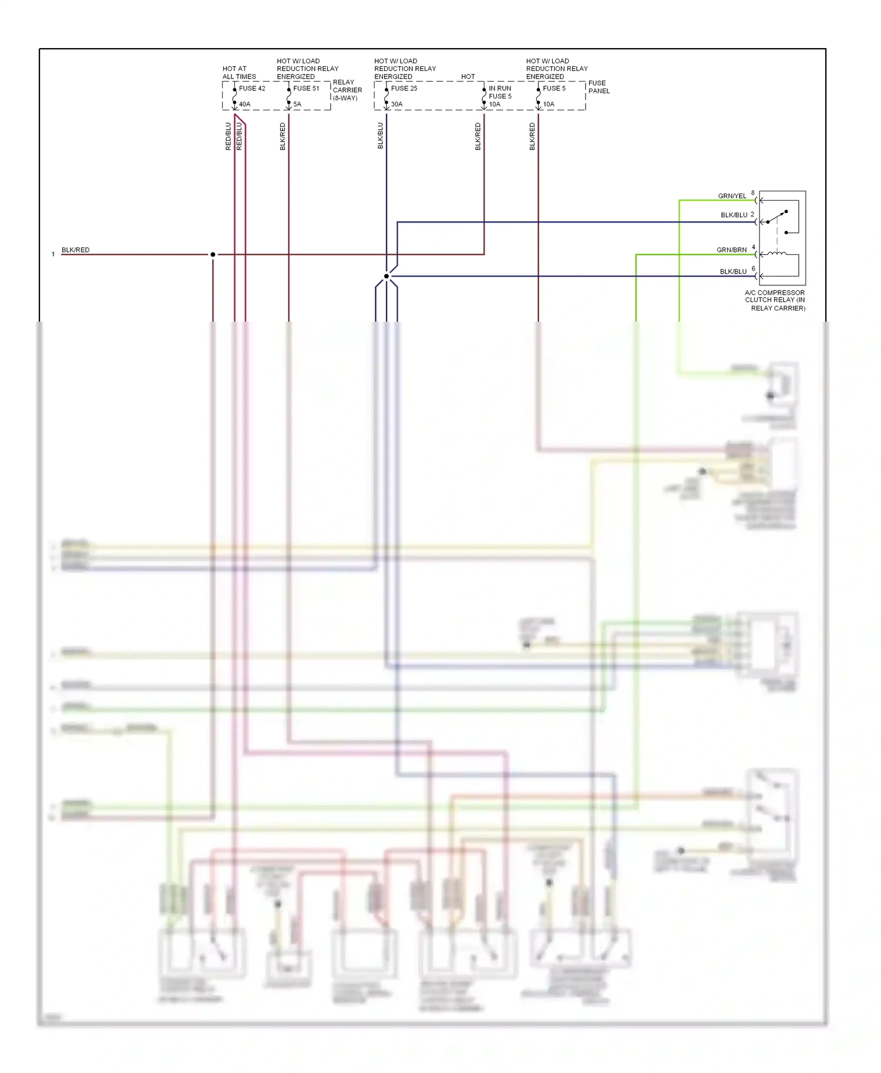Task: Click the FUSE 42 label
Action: click(252, 89)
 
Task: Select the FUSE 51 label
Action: click(306, 89)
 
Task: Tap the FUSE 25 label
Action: click(404, 89)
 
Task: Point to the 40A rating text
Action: click(244, 104)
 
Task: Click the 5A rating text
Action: click(297, 104)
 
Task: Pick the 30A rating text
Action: click(397, 104)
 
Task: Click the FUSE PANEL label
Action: click(598, 87)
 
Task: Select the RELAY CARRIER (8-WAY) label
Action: click(347, 90)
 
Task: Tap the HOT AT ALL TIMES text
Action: click(239, 73)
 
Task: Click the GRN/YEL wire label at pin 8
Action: click(732, 196)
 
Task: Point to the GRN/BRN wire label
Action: click(731, 250)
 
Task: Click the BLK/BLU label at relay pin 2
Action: click(734, 215)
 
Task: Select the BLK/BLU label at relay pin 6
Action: click(733, 272)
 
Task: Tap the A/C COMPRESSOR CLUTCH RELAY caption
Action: click(775, 300)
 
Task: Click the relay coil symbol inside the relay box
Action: click(778, 254)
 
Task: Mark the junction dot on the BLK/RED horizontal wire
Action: click(213, 255)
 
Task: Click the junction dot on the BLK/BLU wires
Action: click(386, 276)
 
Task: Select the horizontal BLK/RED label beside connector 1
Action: click(75, 250)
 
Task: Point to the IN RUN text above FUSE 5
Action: click(500, 89)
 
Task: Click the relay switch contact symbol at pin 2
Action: click(776, 217)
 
